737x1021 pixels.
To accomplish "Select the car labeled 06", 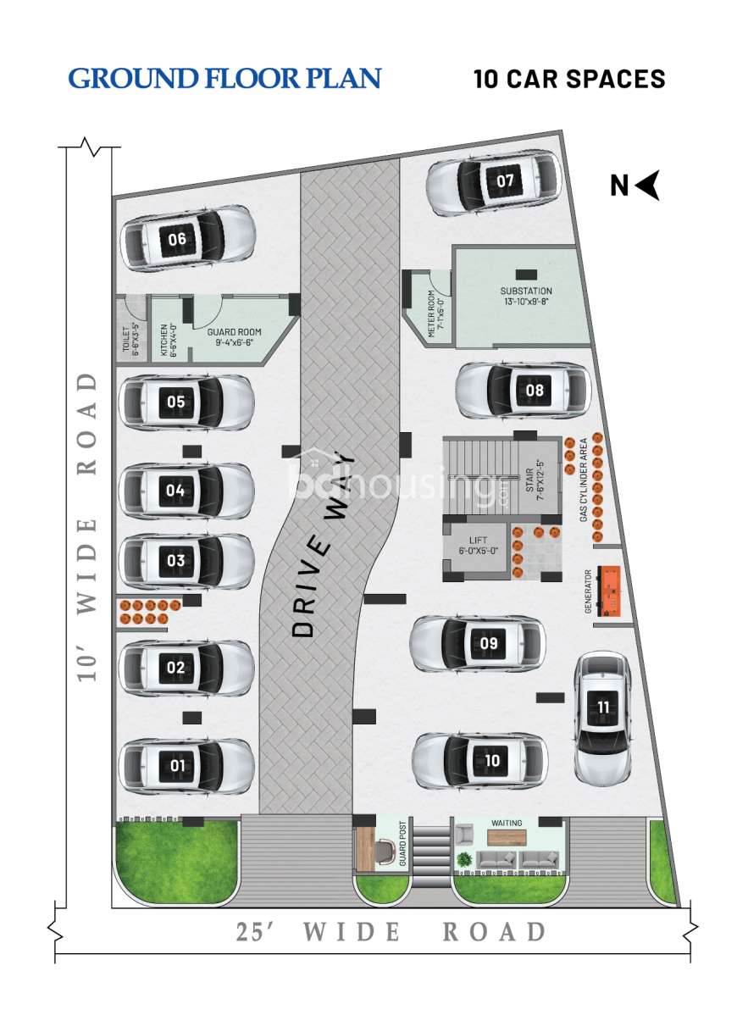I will (188, 239).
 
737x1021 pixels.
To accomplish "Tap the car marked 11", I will (602, 717).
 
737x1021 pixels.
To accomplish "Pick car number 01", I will (187, 766).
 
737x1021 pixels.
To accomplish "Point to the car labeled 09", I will (477, 643).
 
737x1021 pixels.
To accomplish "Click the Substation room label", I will (525, 296).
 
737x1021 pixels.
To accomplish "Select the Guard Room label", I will (235, 337).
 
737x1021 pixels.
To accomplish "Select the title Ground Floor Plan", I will (224, 79).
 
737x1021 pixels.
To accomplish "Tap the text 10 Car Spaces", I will (569, 80).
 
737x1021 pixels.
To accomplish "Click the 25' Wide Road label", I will (391, 932).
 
